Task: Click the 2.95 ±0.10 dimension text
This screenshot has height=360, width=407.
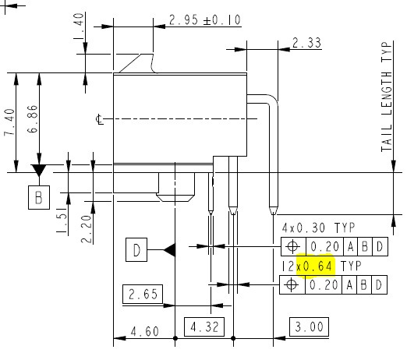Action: [205, 20]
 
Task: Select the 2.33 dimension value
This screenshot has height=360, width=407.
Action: [306, 44]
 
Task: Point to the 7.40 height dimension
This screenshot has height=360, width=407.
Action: [9, 122]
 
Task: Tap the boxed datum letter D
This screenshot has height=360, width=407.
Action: [136, 250]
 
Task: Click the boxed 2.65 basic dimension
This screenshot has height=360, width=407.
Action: [143, 295]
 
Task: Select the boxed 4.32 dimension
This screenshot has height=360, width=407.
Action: [203, 326]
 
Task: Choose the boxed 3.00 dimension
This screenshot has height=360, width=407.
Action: [307, 326]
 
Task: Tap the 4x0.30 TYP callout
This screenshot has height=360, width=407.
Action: [317, 228]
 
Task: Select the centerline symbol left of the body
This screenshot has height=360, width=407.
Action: [98, 119]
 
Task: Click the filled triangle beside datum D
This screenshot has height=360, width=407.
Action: [169, 249]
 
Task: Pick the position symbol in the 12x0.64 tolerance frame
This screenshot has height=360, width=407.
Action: [292, 284]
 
